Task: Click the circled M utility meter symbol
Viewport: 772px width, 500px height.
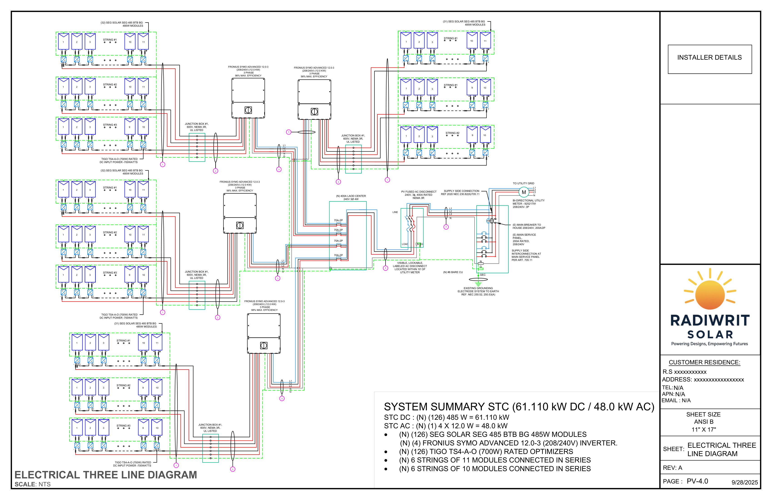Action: pos(524,192)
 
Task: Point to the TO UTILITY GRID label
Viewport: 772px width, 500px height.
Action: pos(523,183)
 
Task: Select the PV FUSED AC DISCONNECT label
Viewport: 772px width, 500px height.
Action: pos(418,195)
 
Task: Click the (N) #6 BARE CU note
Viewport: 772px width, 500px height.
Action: pos(453,272)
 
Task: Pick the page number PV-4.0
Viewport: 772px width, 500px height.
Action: pos(697,481)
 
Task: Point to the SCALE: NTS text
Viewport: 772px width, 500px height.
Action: pos(32,484)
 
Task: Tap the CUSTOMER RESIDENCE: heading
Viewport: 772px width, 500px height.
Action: pos(704,362)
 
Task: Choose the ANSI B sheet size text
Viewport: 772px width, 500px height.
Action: pos(704,422)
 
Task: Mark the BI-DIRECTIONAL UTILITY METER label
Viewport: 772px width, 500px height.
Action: pos(528,204)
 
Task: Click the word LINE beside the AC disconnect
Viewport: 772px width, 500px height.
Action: pos(395,212)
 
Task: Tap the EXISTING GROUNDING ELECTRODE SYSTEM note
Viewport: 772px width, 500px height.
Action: pos(478,291)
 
